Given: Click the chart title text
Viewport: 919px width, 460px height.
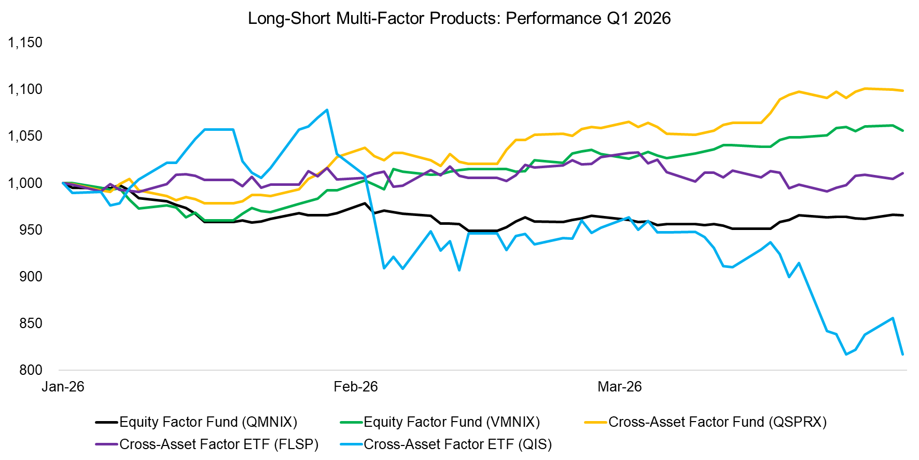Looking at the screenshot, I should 459,18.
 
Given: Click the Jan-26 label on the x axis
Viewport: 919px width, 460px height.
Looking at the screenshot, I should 63,387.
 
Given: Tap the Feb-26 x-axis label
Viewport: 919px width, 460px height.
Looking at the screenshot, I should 356,387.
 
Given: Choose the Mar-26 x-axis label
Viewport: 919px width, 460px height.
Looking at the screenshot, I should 619,387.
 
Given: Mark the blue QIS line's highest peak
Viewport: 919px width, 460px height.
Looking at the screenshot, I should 327,110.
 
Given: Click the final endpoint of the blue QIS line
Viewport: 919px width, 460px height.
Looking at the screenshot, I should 903,355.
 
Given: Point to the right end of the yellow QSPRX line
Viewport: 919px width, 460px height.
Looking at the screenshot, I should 903,91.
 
